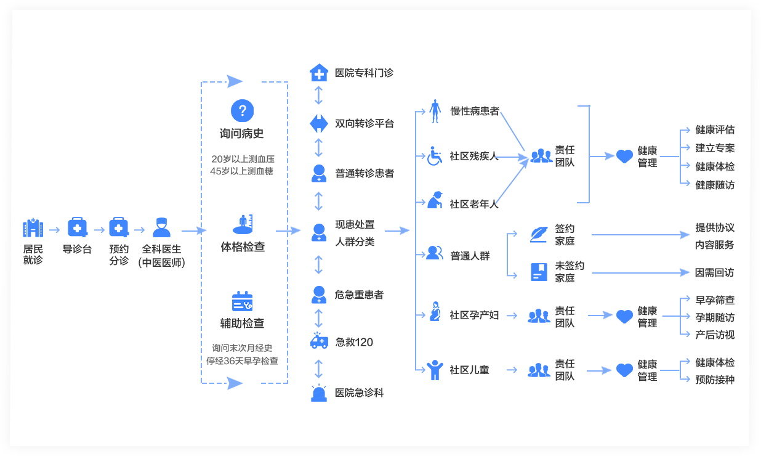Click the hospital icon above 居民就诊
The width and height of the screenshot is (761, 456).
(33, 228)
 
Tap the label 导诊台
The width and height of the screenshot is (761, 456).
(77, 250)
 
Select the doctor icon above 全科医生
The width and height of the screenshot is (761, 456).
(161, 228)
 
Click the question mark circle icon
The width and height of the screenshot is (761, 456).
(243, 111)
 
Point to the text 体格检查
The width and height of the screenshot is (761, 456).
(243, 247)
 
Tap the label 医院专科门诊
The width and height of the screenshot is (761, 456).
(364, 73)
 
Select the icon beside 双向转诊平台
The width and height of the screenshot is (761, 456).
(318, 123)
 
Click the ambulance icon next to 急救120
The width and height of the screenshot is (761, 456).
(319, 341)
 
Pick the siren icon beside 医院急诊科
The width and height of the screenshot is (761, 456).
(319, 393)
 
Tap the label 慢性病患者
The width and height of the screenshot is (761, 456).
(475, 112)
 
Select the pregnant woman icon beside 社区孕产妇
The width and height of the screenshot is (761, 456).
(435, 311)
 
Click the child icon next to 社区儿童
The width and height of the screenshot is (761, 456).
(435, 370)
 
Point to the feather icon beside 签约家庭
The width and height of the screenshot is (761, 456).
(539, 234)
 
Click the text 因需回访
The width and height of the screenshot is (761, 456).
(714, 272)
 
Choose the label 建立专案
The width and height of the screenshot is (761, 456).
(715, 148)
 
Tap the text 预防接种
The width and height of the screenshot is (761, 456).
(715, 380)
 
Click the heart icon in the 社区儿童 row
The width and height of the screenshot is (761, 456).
(624, 370)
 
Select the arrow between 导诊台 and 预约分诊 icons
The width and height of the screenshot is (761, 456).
(98, 230)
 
